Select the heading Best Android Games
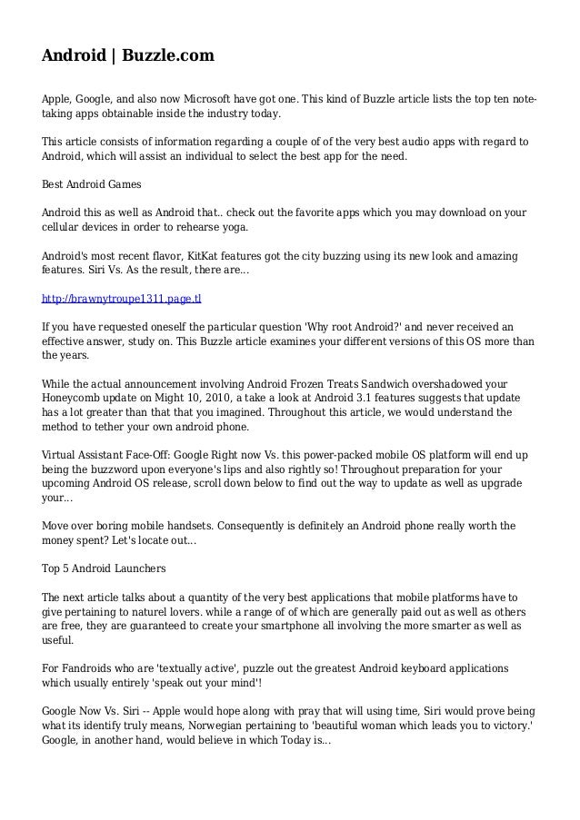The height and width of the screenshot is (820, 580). tap(92, 184)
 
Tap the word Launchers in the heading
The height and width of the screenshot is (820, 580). tap(136, 569)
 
